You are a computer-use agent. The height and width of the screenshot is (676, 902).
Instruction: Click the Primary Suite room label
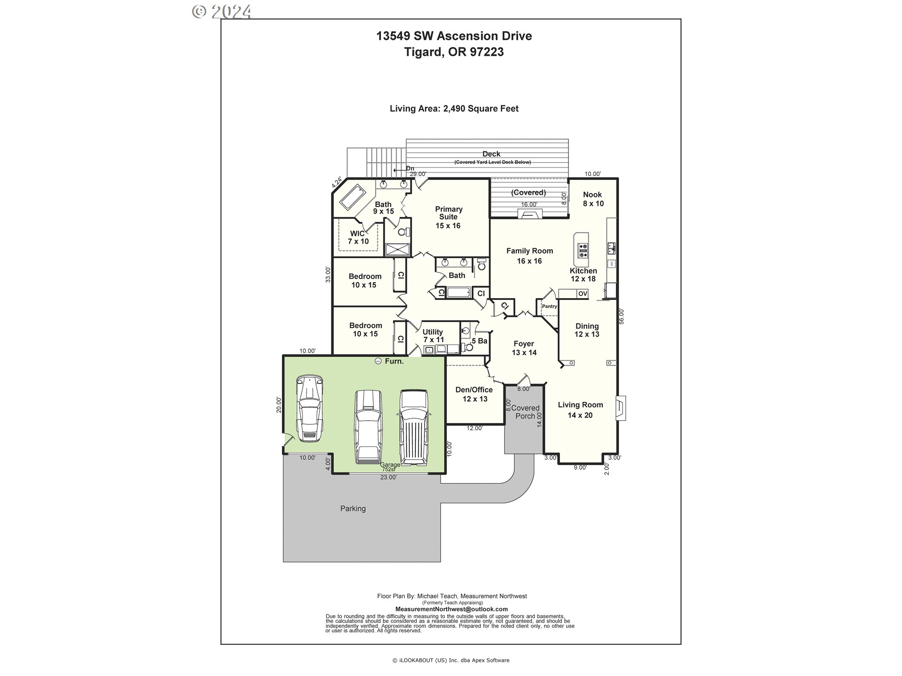(x=448, y=217)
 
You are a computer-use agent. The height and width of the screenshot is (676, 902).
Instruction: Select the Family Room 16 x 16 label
(x=529, y=256)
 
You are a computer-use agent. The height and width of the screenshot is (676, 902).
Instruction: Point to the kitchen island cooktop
(x=583, y=251)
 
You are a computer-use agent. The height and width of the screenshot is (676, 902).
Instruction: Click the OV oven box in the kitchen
(x=583, y=294)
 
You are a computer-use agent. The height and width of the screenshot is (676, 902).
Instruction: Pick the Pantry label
(x=549, y=307)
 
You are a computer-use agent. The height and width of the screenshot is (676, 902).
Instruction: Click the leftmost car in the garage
(x=308, y=408)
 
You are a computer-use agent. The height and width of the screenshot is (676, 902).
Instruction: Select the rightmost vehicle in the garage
(x=413, y=426)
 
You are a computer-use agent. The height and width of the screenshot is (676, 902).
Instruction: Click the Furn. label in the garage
(x=394, y=361)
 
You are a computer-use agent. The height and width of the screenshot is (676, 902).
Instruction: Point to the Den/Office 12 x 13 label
(x=474, y=394)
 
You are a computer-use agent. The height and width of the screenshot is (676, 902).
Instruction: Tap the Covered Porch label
(x=525, y=412)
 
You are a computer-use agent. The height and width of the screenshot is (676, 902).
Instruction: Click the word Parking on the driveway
(x=353, y=508)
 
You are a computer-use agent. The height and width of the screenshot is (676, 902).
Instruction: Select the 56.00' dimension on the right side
(x=622, y=316)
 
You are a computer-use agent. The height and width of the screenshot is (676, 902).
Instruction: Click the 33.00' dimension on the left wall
(x=328, y=274)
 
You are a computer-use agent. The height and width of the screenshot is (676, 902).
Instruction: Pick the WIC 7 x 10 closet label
(x=358, y=238)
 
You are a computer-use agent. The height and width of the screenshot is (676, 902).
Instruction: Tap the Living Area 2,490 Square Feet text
(x=454, y=108)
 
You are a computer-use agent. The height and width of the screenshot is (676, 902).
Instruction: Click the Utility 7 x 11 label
(x=433, y=336)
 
